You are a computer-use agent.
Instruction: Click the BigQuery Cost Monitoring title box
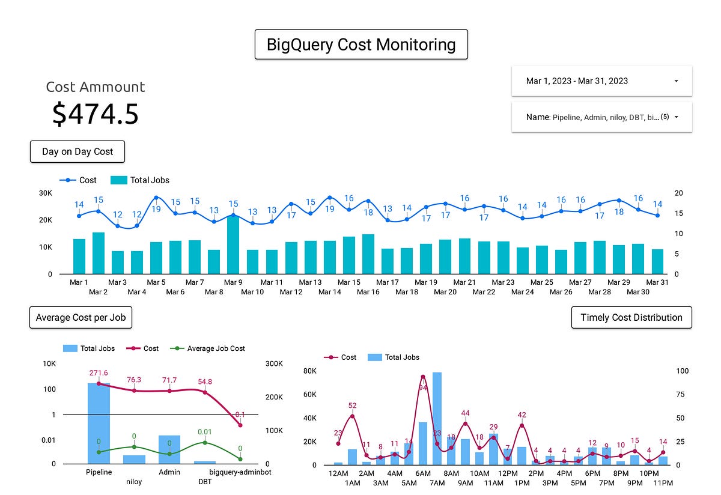(360, 44)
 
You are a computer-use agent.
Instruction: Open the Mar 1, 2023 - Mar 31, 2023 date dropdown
(601, 81)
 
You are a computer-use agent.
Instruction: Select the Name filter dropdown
(601, 117)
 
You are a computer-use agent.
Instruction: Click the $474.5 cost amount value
(95, 114)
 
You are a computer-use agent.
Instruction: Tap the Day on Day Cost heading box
(77, 151)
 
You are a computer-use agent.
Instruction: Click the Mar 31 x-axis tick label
(657, 282)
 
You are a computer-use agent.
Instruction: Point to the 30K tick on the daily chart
(45, 193)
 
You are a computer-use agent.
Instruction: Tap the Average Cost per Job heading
(81, 317)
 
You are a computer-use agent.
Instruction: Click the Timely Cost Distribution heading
(631, 317)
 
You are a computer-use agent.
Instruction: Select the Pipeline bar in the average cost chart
(99, 423)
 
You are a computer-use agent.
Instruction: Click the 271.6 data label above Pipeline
(99, 373)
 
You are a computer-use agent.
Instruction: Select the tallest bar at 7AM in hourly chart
(437, 419)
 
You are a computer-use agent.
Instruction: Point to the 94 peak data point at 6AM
(423, 377)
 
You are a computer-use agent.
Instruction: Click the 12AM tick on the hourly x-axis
(338, 473)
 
